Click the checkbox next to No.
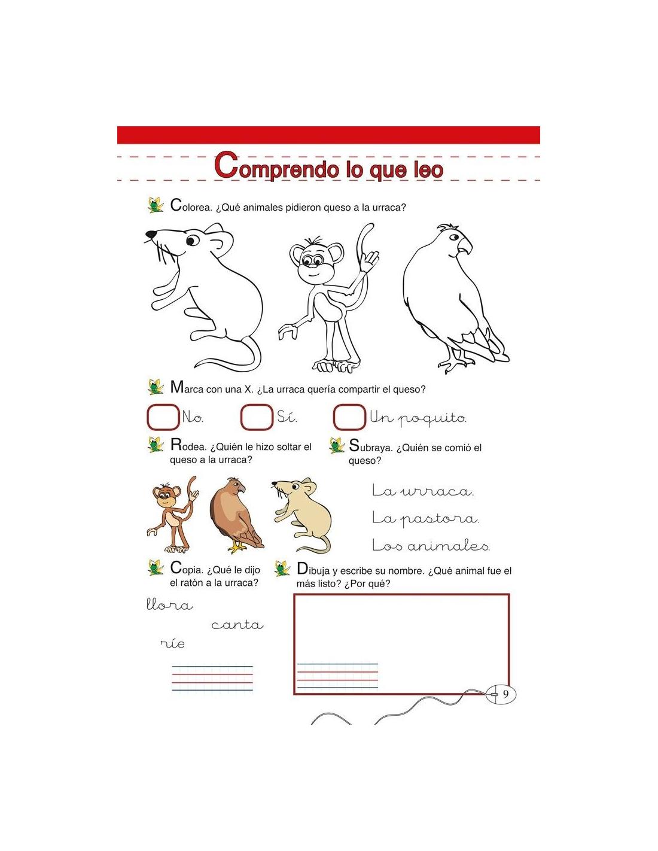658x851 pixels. pos(163,417)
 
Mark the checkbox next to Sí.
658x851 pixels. pos(257,417)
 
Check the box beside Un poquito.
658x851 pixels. pos(349,417)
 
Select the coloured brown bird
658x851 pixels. pos(236,515)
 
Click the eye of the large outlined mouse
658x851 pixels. pos(192,240)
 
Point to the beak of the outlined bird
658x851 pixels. pos(464,245)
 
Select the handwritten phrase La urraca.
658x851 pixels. pos(422,491)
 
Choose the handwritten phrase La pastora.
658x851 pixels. pos(425,518)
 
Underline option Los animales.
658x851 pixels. pos(431,546)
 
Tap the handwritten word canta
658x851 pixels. pos(237,625)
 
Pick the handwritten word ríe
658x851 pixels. pos(173,644)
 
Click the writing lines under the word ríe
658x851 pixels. pos(212,678)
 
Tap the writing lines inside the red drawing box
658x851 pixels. pos(337,676)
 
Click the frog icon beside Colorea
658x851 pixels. pos(156,205)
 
